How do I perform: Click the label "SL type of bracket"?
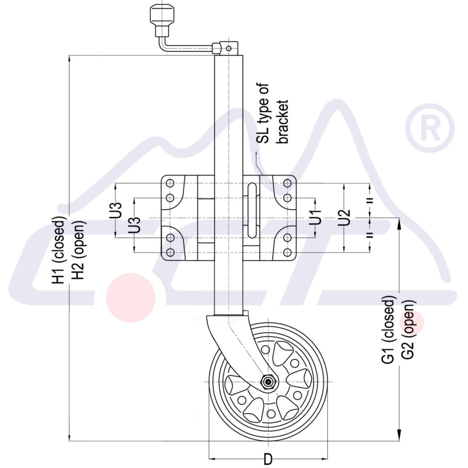273,114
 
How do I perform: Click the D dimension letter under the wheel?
268,458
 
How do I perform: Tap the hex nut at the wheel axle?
267,382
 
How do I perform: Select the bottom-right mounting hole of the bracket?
287,252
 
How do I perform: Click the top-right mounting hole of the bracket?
287,183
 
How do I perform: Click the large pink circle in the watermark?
131,298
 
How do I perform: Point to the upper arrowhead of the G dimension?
400,223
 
